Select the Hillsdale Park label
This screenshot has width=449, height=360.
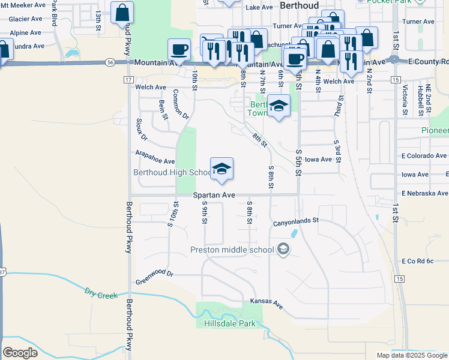coord(230,324)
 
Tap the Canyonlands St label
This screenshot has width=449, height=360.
coord(295,221)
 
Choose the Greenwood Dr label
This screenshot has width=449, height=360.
coord(154,274)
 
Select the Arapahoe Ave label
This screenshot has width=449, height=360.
coord(155,161)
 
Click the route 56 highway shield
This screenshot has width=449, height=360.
coord(109,62)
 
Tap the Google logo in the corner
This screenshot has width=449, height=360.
coord(20,353)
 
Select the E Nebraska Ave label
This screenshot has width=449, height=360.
coord(424,193)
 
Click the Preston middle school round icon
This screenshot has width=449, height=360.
coord(283,249)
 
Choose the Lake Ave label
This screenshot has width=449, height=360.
coord(259,7)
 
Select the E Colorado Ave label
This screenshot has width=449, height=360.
coord(424,155)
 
